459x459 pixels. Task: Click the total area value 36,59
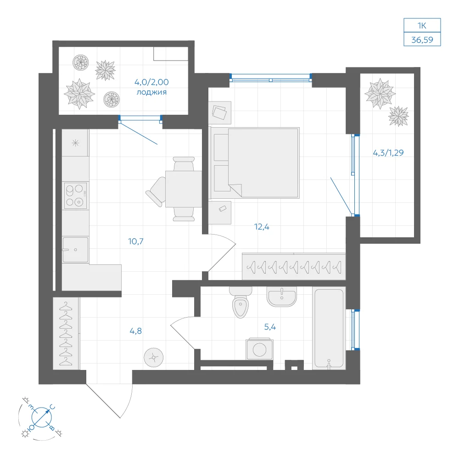point(422,39)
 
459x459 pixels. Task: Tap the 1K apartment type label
point(422,25)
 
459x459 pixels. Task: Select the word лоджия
point(151,92)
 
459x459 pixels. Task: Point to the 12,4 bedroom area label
point(262,227)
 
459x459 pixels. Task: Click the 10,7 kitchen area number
point(136,241)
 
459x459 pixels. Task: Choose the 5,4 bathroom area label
point(270,327)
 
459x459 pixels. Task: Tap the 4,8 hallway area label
point(136,331)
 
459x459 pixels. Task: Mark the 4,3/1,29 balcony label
point(388,152)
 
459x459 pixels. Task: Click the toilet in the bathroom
point(241,302)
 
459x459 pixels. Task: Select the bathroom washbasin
point(282,296)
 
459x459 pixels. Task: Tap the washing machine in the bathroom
point(260,349)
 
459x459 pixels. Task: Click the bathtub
point(329,328)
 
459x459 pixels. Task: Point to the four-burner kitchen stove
point(76,196)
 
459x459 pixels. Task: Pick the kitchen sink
point(75,250)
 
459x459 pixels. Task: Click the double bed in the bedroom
point(255,163)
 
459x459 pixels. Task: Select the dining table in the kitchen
point(184,189)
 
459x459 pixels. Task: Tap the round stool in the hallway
point(154,358)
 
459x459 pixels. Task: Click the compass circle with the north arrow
point(42,417)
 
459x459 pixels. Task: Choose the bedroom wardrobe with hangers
point(294,266)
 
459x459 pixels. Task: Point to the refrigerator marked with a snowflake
point(75,143)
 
